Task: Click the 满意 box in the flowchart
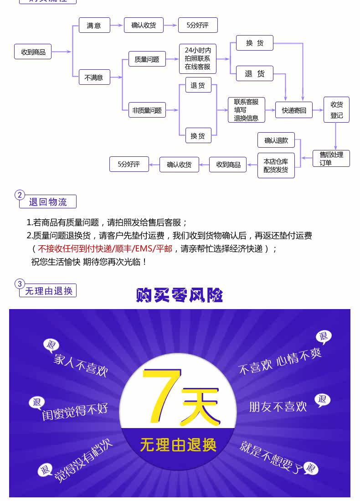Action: [94, 26]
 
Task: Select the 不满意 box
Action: [94, 77]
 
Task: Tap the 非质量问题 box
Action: [147, 110]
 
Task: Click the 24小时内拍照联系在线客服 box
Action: [197, 59]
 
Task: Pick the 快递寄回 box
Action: [294, 110]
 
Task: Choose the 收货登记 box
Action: [336, 110]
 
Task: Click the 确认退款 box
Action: [276, 140]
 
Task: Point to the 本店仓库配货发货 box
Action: [276, 165]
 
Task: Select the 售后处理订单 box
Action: [331, 158]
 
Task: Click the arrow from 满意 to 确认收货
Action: [118, 26]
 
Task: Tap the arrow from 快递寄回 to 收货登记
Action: [318, 110]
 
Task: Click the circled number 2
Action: [20, 195]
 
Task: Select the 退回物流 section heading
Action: [48, 202]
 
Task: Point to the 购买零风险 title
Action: [180, 295]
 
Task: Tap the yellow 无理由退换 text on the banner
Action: [178, 445]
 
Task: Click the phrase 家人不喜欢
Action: [81, 364]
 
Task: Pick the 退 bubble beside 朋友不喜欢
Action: [322, 400]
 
